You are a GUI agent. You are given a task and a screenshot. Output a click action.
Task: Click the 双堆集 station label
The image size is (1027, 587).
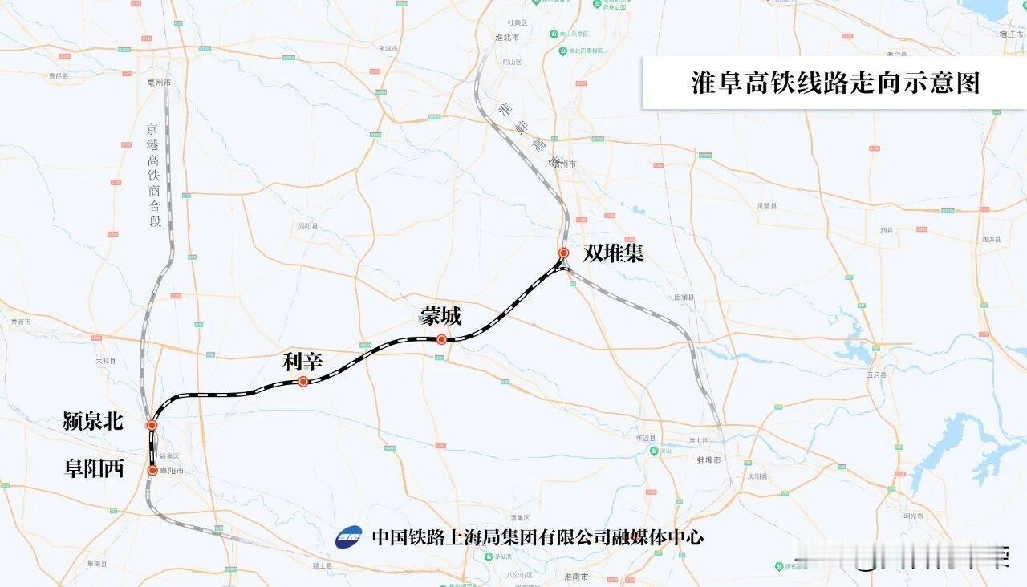coord(614,253)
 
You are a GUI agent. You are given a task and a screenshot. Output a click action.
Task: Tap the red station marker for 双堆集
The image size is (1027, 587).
coord(564,253)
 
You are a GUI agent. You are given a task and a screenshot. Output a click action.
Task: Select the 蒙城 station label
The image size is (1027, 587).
coord(440,317)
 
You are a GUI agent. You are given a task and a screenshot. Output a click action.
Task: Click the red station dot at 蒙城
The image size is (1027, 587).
coord(441,339)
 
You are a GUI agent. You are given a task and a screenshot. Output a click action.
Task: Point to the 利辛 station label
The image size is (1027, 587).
coord(302,362)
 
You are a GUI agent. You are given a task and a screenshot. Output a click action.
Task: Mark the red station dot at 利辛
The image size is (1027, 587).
coord(303,382)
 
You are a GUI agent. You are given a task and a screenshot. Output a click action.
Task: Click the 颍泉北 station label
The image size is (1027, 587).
coord(93,422)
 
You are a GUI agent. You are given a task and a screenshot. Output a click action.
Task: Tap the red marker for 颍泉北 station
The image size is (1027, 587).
coord(151,425)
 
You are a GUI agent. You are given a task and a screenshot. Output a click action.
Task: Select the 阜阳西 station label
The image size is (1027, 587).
coord(94,469)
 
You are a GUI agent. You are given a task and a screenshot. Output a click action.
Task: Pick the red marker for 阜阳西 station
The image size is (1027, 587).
coord(152,471)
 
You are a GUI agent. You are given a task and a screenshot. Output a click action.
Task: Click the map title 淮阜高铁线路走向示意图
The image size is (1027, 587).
coord(835,83)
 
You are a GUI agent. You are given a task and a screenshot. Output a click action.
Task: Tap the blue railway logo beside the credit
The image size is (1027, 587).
coord(348,536)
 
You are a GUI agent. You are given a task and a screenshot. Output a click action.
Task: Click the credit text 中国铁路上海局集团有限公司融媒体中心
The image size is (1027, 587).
coord(538,536)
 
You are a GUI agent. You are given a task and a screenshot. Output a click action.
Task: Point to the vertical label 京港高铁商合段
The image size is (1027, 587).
coord(154,174)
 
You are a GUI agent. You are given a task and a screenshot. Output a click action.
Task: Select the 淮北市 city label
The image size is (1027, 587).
coord(507,38)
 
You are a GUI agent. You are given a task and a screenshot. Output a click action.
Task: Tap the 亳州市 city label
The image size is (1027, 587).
coord(158,83)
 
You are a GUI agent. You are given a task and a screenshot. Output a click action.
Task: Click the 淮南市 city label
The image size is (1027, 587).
coord(576,577)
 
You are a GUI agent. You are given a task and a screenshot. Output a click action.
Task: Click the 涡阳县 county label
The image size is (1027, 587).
coord(308,226)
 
